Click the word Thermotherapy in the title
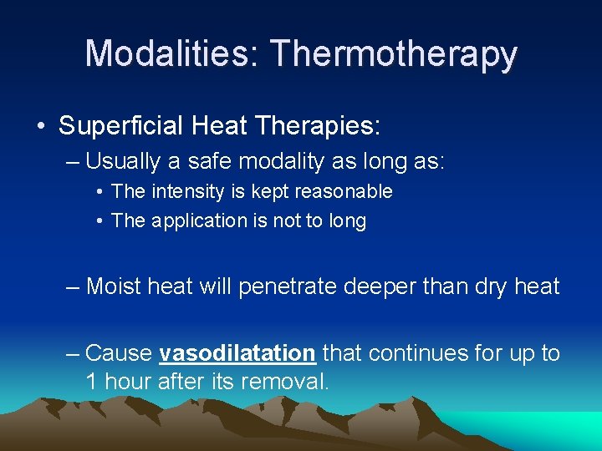[x=394, y=55]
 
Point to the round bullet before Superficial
[x=41, y=127]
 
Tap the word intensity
[x=187, y=191]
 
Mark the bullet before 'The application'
[x=99, y=221]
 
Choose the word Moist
[x=115, y=286]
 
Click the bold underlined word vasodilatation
[x=237, y=353]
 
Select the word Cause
[x=119, y=353]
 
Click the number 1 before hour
[x=90, y=382]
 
